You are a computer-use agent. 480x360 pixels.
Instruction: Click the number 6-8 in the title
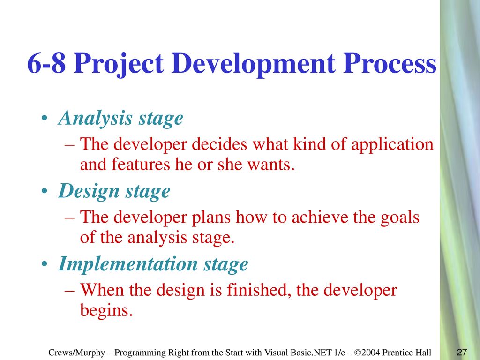click(x=46, y=63)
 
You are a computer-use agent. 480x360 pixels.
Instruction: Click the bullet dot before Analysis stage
click(x=45, y=118)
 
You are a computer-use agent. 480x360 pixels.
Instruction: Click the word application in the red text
click(x=392, y=144)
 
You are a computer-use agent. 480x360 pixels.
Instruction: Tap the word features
click(x=141, y=164)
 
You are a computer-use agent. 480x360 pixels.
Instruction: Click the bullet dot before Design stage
click(x=45, y=191)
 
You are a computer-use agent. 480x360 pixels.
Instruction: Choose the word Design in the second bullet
click(x=89, y=192)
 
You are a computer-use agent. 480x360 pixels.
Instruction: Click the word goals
click(x=400, y=218)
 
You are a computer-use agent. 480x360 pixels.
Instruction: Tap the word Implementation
click(x=128, y=264)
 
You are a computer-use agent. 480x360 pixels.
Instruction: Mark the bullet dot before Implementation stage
click(x=45, y=264)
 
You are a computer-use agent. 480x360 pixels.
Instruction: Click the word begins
click(x=106, y=310)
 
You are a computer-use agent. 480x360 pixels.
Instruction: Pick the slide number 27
click(x=462, y=352)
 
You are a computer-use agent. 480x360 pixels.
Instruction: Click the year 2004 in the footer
click(x=371, y=352)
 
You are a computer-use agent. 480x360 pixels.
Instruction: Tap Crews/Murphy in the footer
click(x=76, y=353)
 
